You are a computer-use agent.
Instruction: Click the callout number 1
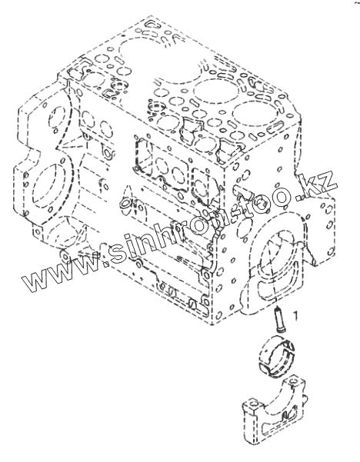295,315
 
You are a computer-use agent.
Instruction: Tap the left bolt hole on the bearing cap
252,403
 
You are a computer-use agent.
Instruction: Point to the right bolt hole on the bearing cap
293,381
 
